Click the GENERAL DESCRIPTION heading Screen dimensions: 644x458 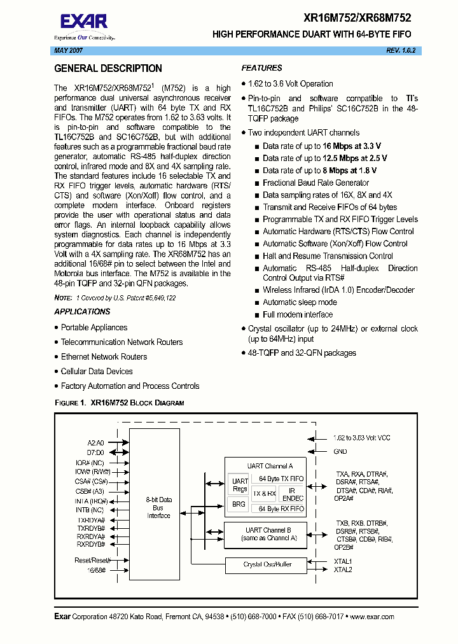108,69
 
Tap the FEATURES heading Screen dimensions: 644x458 261,68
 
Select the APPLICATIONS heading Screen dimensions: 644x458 82,312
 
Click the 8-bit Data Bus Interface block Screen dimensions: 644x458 158,507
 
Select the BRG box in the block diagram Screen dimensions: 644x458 239,504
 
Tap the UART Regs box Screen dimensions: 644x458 239,485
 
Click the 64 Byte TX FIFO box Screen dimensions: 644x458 281,479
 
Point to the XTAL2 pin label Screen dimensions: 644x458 343,570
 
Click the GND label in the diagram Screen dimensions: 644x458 340,451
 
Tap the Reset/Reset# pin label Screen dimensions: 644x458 93,560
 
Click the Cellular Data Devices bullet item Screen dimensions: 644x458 97,372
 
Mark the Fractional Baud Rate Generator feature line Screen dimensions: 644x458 316,183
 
